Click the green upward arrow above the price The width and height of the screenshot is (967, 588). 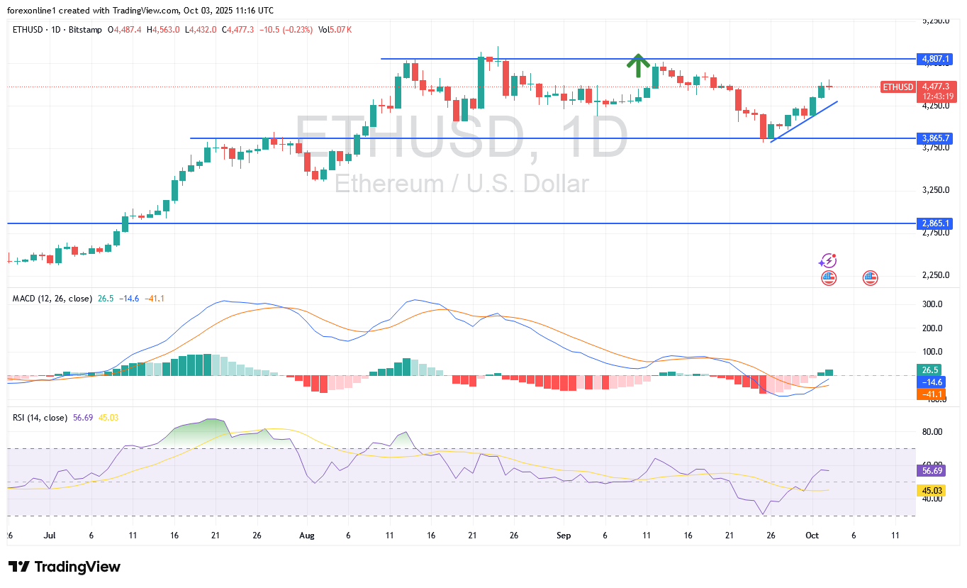pos(638,65)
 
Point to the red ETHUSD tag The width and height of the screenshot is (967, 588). pos(898,87)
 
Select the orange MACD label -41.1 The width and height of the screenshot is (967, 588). pos(931,394)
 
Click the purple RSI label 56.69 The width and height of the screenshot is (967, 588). pos(931,470)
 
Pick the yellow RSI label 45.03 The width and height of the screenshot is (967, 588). pos(931,490)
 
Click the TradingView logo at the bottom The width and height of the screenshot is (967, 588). pos(65,567)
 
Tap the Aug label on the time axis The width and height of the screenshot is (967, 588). pos(306,536)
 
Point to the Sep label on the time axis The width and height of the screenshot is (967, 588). pos(564,536)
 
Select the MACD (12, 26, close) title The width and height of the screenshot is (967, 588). pos(52,299)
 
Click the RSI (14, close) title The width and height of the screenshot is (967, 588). pos(40,418)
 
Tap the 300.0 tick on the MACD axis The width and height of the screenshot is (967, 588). pos(931,304)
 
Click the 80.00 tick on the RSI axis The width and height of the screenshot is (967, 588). pos(931,432)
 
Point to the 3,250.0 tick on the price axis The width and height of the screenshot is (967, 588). pos(934,190)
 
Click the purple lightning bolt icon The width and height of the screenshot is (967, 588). pos(827,261)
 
